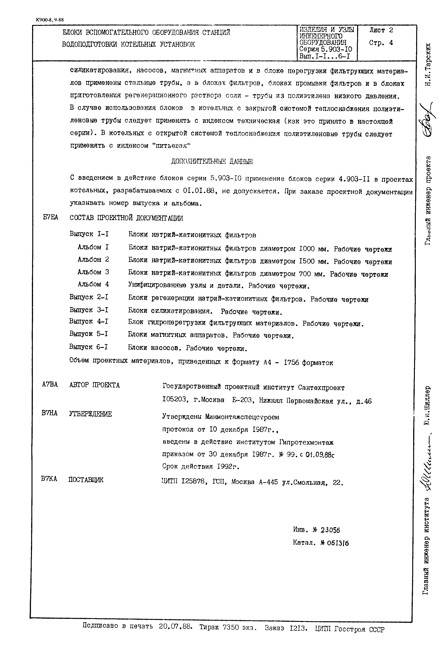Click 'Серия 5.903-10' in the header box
[x=326, y=49]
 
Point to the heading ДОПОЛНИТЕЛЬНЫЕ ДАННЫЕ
[x=212, y=162]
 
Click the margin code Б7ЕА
[x=51, y=218]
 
